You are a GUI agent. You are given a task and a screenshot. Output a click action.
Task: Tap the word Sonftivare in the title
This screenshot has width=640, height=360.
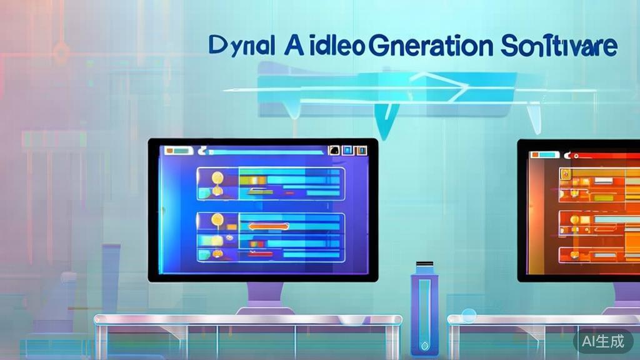pos(559,46)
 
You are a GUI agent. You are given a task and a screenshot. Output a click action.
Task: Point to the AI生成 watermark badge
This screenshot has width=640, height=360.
pos(603,341)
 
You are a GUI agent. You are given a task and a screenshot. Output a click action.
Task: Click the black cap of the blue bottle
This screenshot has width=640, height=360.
pos(424,264)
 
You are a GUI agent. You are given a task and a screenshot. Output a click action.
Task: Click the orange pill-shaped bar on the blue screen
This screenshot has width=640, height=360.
pos(269,227)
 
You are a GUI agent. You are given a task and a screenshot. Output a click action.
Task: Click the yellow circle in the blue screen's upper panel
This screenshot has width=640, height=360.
pos(216,177)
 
